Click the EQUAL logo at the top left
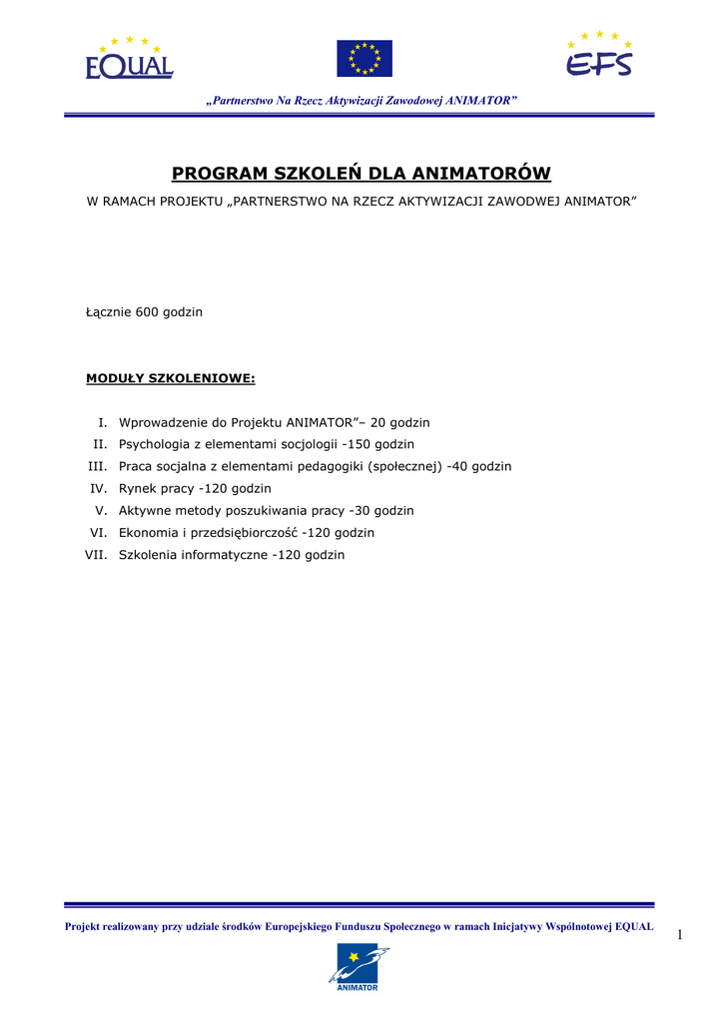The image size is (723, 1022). pos(129,58)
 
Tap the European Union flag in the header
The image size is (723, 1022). pos(363,59)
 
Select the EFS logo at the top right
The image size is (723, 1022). pos(599,56)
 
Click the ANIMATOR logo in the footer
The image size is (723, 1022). pos(359,967)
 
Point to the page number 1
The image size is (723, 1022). pos(679,934)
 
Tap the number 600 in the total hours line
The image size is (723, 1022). pos(148,312)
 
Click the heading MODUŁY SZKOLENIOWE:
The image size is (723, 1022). pos(170,378)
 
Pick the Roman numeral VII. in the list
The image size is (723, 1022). pos(96,555)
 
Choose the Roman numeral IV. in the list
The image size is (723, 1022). pos(98,489)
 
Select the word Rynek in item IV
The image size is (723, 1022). pos(138,489)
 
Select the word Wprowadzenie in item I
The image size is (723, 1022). pos(165,423)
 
